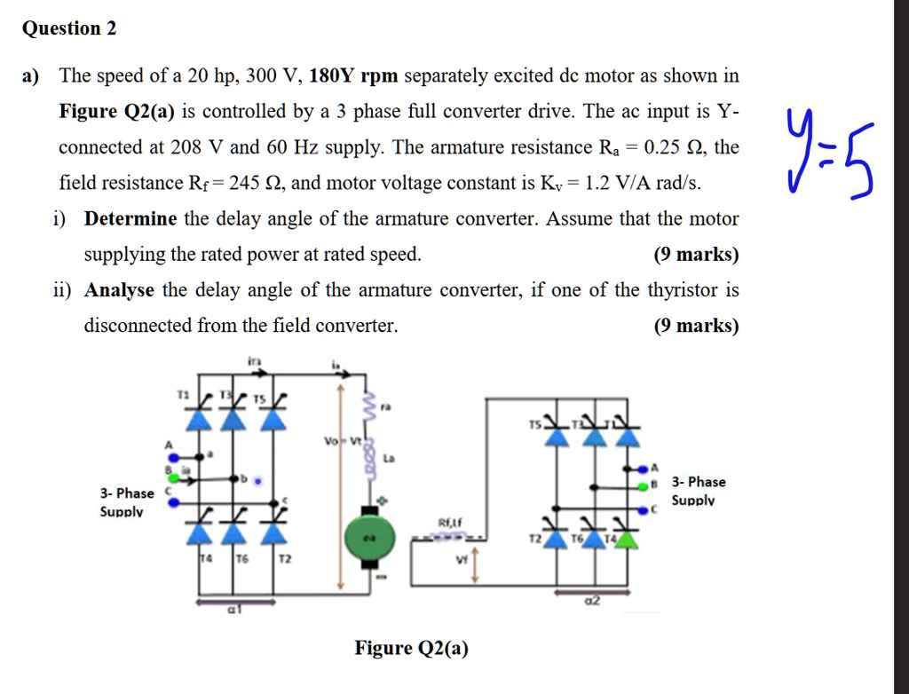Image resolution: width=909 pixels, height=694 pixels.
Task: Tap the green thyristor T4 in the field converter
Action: (627, 537)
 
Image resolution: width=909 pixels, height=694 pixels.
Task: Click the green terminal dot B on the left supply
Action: (173, 469)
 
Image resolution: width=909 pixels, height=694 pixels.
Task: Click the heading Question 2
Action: (69, 28)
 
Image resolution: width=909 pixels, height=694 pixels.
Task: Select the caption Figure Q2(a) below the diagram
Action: (411, 648)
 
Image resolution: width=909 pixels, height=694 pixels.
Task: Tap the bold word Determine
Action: (130, 218)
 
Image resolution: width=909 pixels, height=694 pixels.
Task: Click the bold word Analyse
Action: (119, 290)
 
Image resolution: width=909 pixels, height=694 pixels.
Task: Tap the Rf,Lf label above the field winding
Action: (453, 523)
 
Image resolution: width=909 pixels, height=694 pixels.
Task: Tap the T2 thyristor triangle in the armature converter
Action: (277, 532)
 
